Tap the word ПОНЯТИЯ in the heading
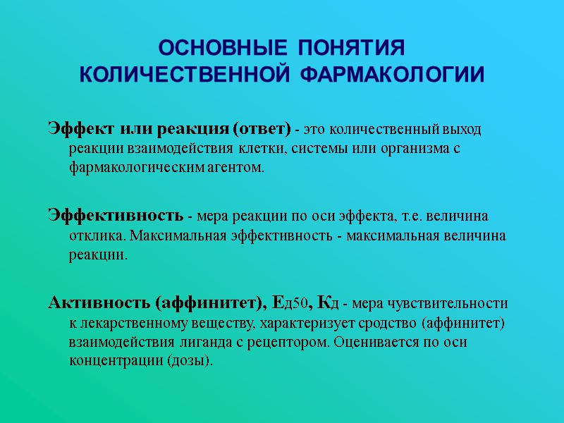point(352,49)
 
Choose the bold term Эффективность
point(116,215)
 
